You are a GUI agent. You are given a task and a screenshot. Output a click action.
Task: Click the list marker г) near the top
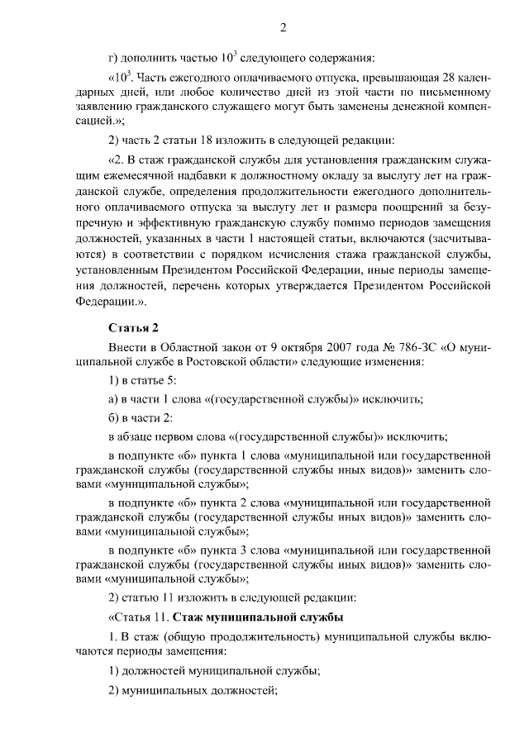pyautogui.click(x=114, y=57)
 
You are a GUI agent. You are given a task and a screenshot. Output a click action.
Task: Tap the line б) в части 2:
pyautogui.click(x=141, y=417)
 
